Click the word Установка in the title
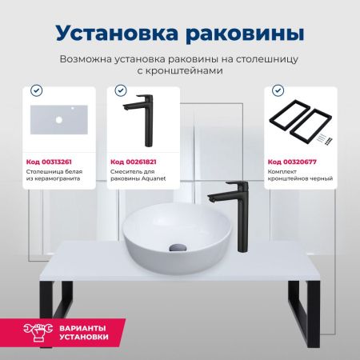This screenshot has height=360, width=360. click(115, 34)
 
